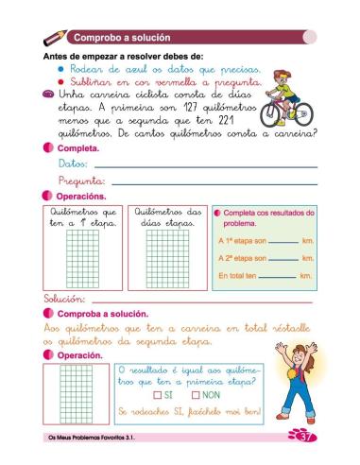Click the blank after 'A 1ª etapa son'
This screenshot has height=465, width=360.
click(x=281, y=242)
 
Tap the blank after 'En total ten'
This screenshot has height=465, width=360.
click(x=277, y=277)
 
